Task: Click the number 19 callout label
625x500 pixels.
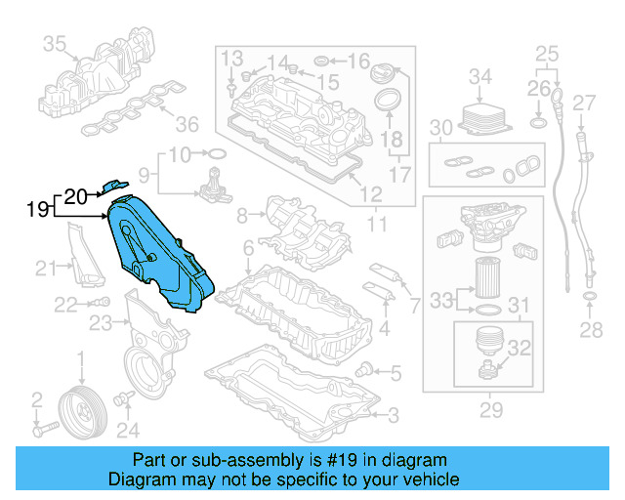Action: click(x=38, y=209)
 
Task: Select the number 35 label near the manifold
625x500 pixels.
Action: click(x=55, y=43)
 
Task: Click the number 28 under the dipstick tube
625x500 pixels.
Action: click(x=590, y=330)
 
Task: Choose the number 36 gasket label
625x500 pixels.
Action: click(x=187, y=123)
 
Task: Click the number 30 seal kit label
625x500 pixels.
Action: click(x=441, y=128)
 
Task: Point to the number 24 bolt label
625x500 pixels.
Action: click(x=128, y=429)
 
